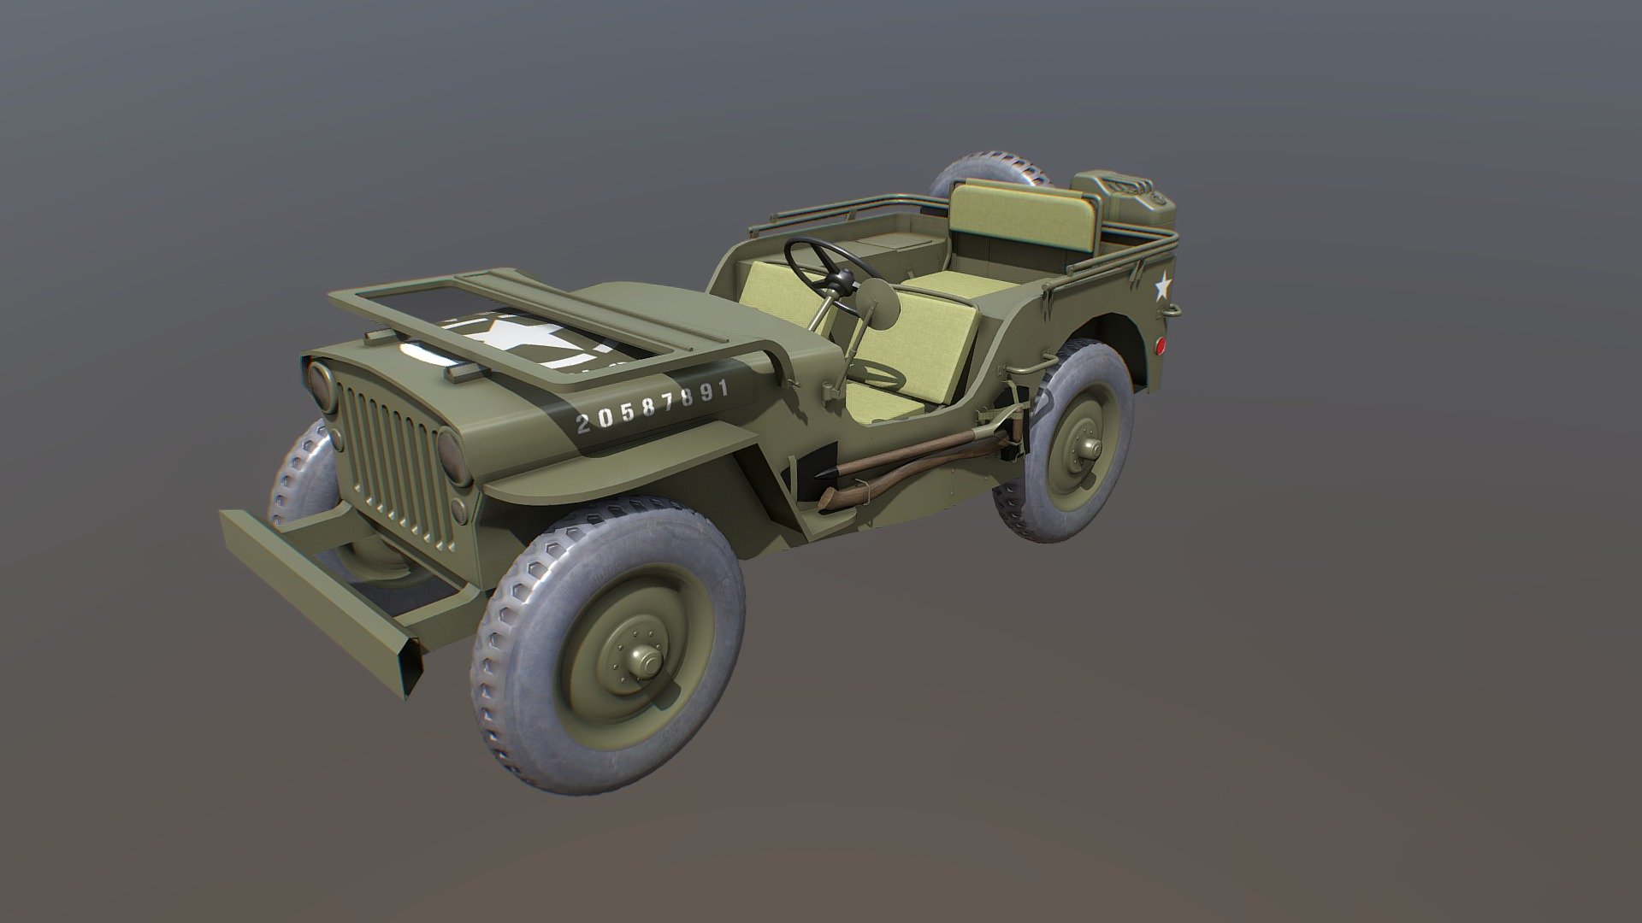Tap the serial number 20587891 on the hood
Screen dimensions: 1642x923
coord(653,405)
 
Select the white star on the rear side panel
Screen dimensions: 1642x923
coord(1161,285)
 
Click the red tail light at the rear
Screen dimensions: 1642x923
coord(1161,346)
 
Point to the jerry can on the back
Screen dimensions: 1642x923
coord(1124,206)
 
